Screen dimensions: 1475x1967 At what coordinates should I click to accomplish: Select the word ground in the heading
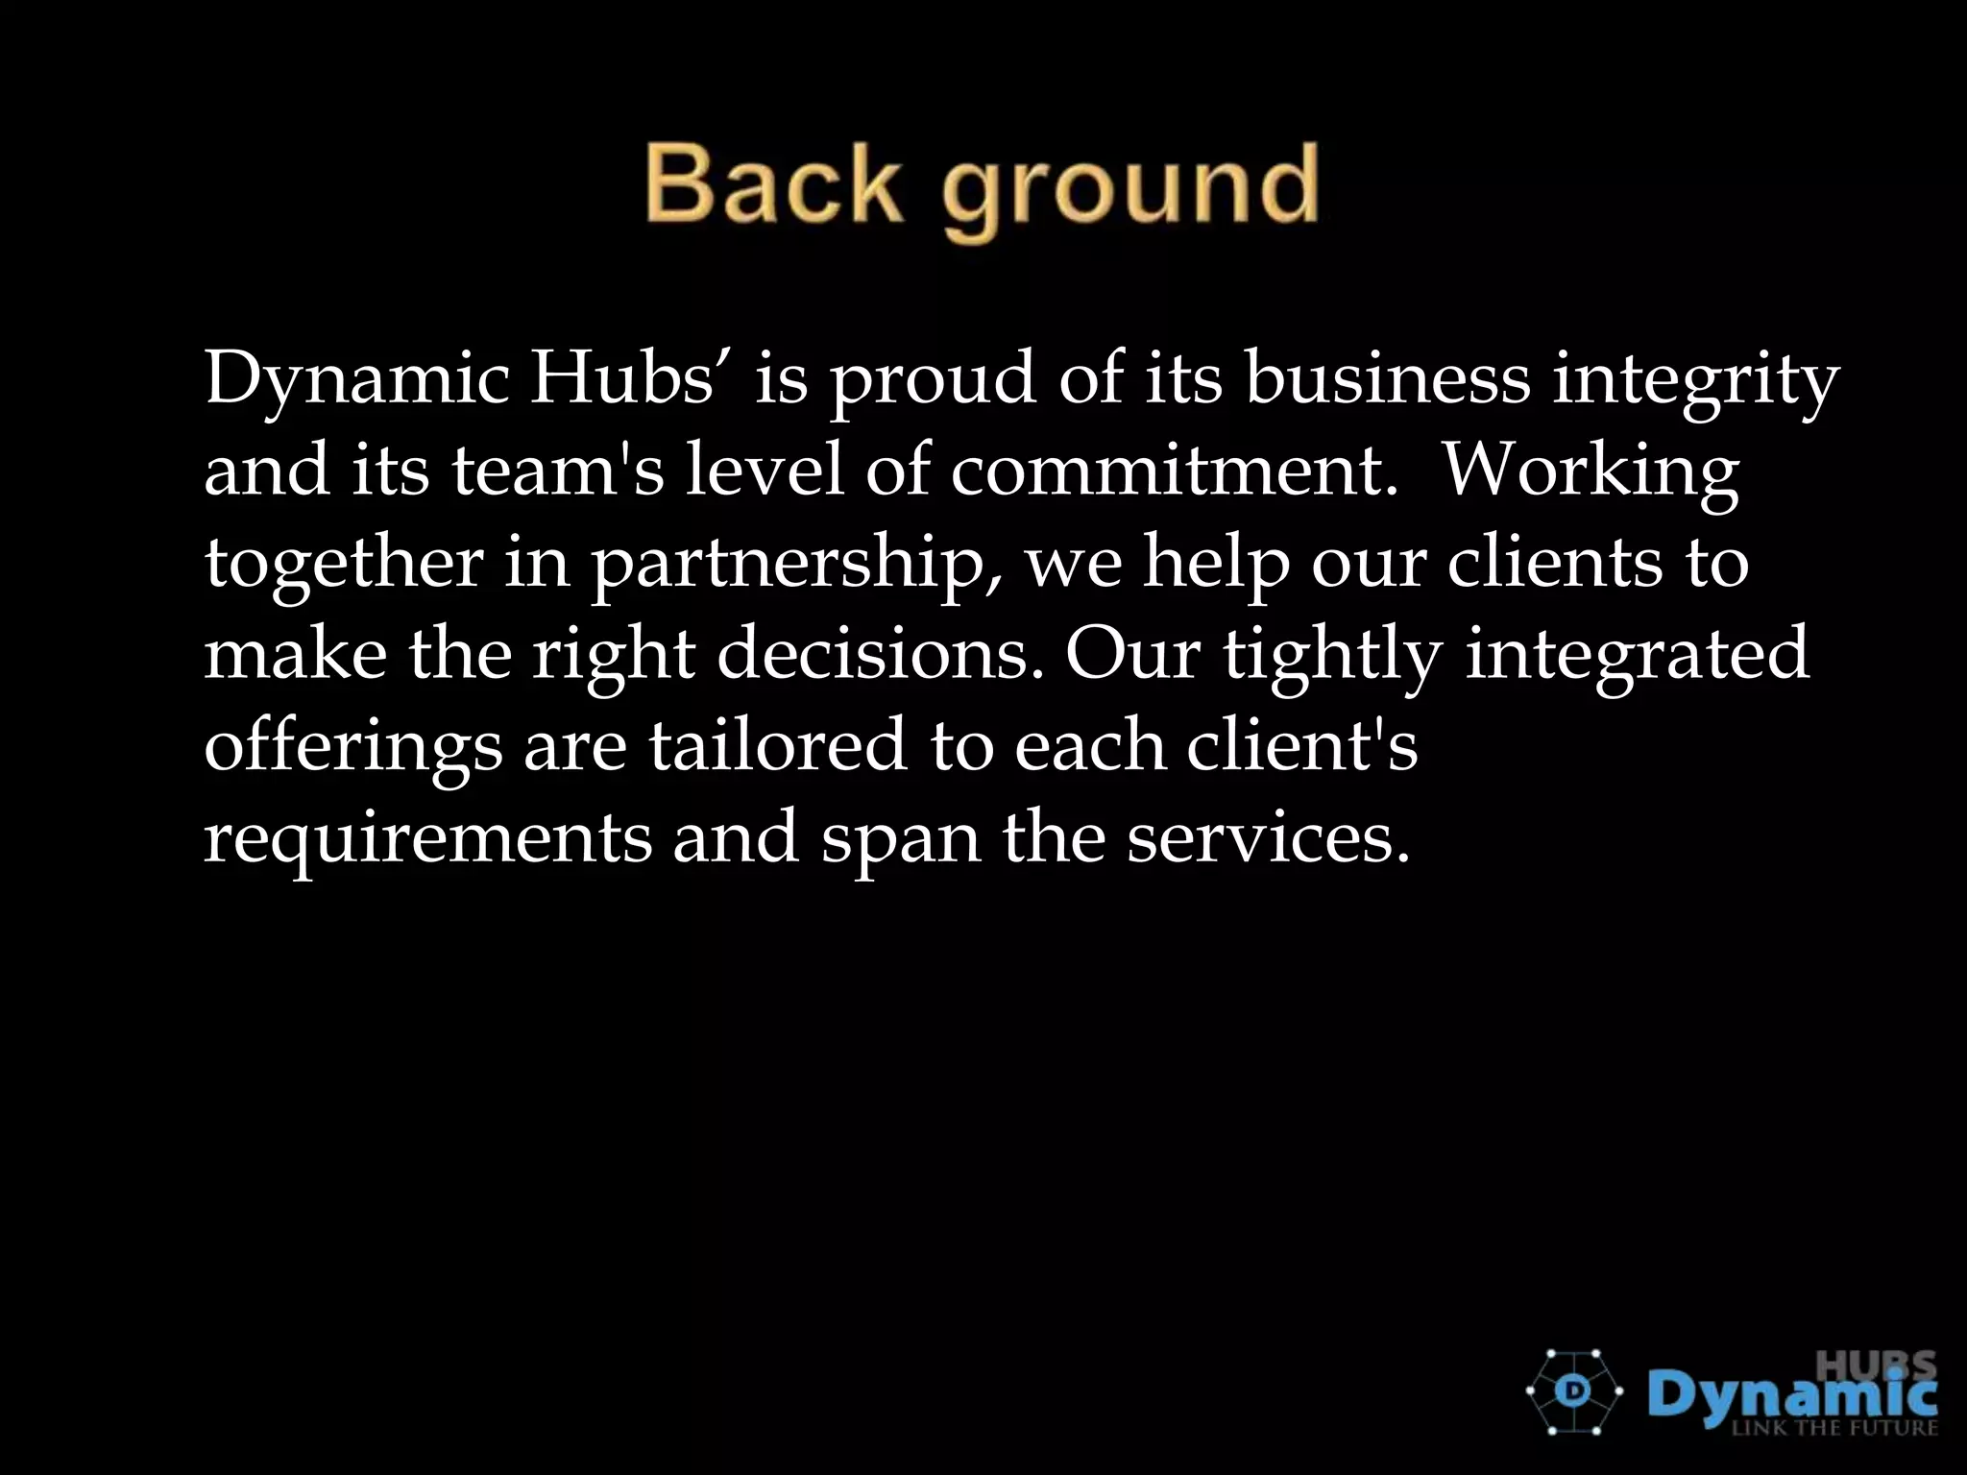pos(1129,190)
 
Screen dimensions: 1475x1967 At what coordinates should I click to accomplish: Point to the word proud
pos(933,382)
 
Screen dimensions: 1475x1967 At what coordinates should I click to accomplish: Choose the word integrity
pos(1696,382)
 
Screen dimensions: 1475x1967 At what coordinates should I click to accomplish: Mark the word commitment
pos(1174,471)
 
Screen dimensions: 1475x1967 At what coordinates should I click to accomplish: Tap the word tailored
pos(777,746)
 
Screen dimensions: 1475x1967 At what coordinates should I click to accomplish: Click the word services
pos(1268,837)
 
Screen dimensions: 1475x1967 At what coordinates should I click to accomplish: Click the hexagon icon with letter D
pos(1574,1391)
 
